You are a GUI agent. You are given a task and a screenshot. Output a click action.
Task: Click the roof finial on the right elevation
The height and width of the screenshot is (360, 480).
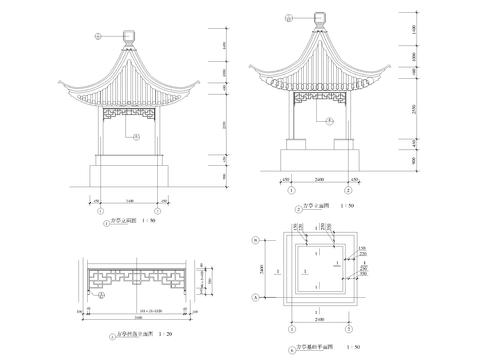[320, 19]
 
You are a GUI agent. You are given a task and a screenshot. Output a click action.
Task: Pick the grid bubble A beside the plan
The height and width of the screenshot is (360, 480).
[257, 298]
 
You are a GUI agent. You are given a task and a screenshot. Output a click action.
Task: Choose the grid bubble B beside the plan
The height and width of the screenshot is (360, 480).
[257, 241]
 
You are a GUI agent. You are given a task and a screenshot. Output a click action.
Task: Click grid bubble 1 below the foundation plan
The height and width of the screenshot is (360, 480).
[291, 327]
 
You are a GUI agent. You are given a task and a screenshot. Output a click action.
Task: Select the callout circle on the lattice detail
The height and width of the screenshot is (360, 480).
[102, 295]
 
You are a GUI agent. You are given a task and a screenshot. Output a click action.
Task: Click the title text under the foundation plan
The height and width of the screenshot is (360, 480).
[320, 347]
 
